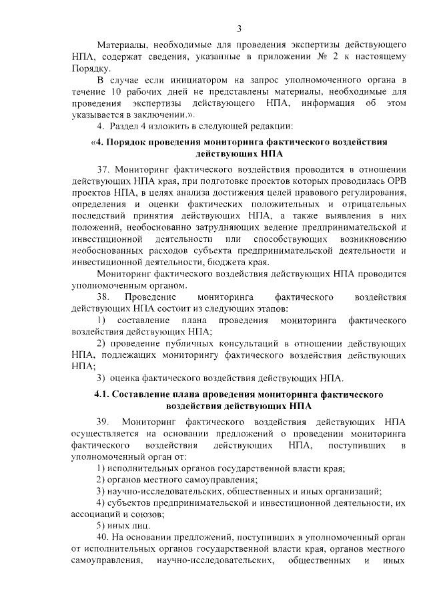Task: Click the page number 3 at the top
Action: [x=238, y=27]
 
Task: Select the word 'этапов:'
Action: [x=269, y=308]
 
